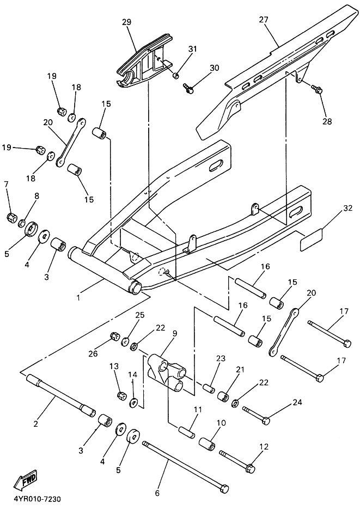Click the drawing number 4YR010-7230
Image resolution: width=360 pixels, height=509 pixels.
pyautogui.click(x=38, y=498)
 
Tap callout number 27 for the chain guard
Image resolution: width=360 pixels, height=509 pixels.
pyautogui.click(x=264, y=20)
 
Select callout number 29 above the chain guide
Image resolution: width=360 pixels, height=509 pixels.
pyautogui.click(x=126, y=22)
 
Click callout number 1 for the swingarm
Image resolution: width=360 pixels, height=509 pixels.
pyautogui.click(x=78, y=297)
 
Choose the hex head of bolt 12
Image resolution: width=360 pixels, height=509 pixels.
pyautogui.click(x=251, y=468)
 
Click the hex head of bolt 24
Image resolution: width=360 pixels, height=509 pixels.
pyautogui.click(x=266, y=421)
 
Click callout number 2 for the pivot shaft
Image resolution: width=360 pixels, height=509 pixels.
pyautogui.click(x=36, y=423)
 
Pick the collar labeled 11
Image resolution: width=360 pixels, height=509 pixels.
pyautogui.click(x=187, y=432)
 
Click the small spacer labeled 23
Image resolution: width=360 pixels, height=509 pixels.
pyautogui.click(x=209, y=388)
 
